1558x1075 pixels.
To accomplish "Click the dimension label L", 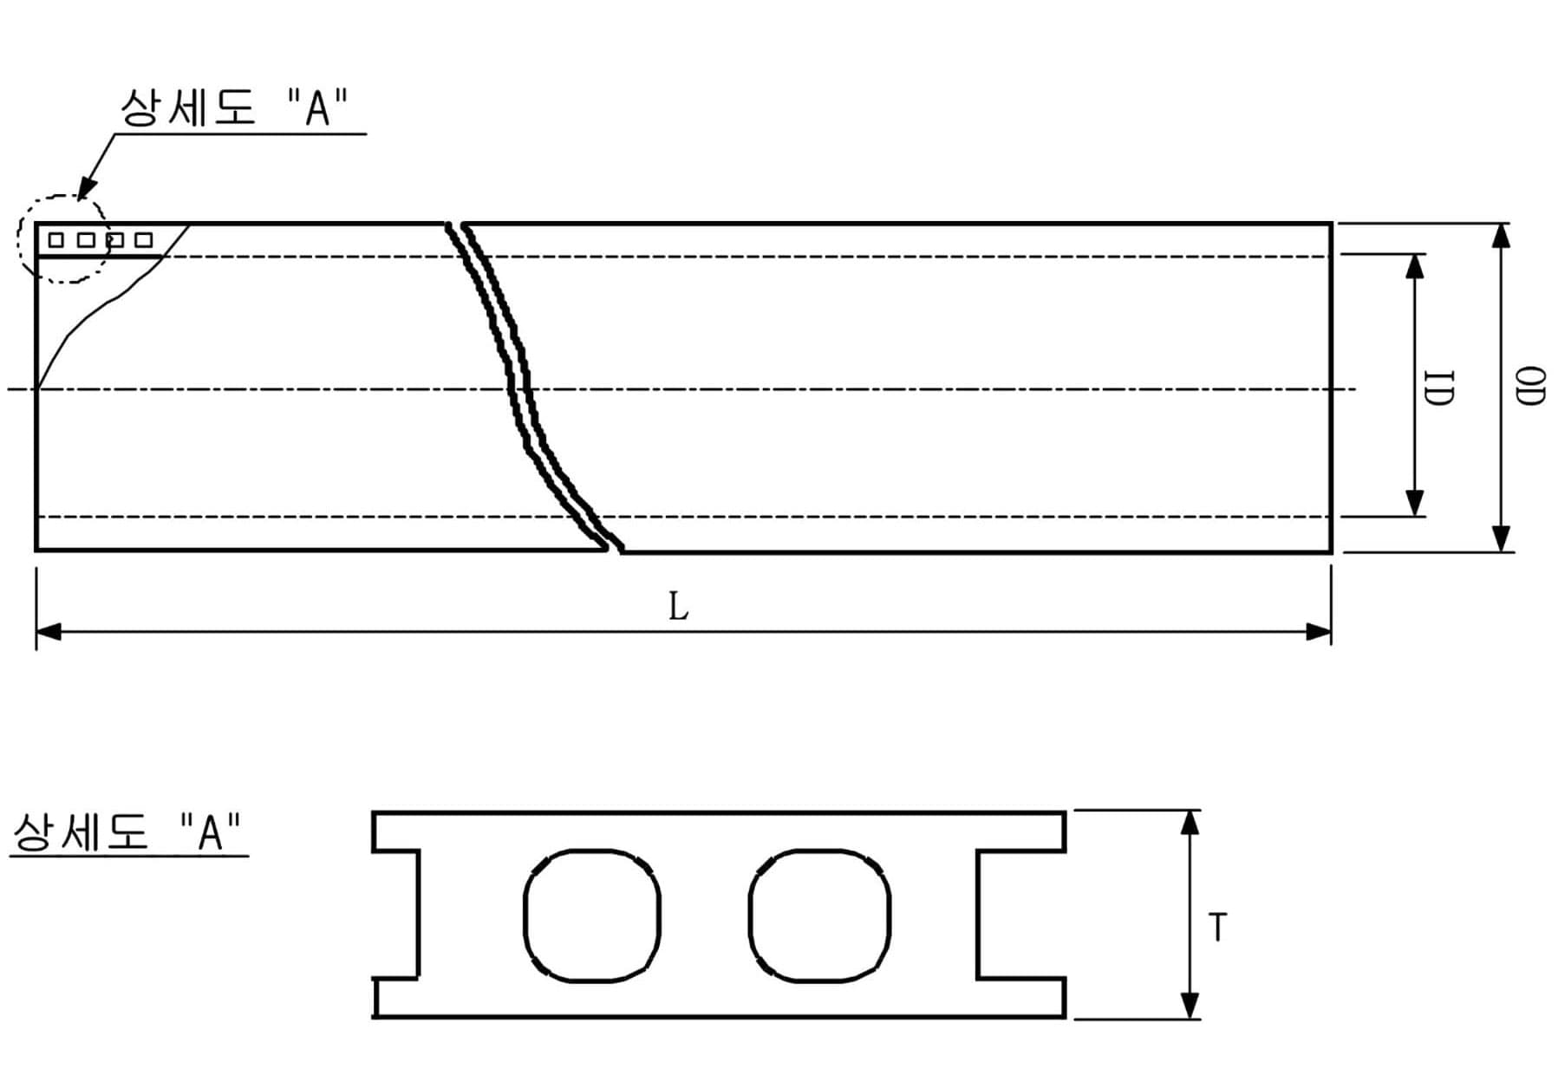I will pyautogui.click(x=678, y=607).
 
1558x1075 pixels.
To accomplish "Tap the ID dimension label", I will pyautogui.click(x=1437, y=388).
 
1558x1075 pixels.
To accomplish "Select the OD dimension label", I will pyautogui.click(x=1529, y=387).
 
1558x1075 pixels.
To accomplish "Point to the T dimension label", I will pyautogui.click(x=1218, y=928).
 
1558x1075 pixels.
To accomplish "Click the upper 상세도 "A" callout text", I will pyautogui.click(x=234, y=108).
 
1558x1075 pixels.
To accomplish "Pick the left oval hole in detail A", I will pyautogui.click(x=592, y=915).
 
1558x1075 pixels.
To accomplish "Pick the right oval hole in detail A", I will pyautogui.click(x=818, y=915).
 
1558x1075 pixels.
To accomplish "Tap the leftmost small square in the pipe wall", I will pyautogui.click(x=56, y=240).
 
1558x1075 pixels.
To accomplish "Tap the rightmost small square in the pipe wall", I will pyautogui.click(x=144, y=240).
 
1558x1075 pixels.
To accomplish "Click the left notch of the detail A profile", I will pyautogui.click(x=397, y=915).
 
